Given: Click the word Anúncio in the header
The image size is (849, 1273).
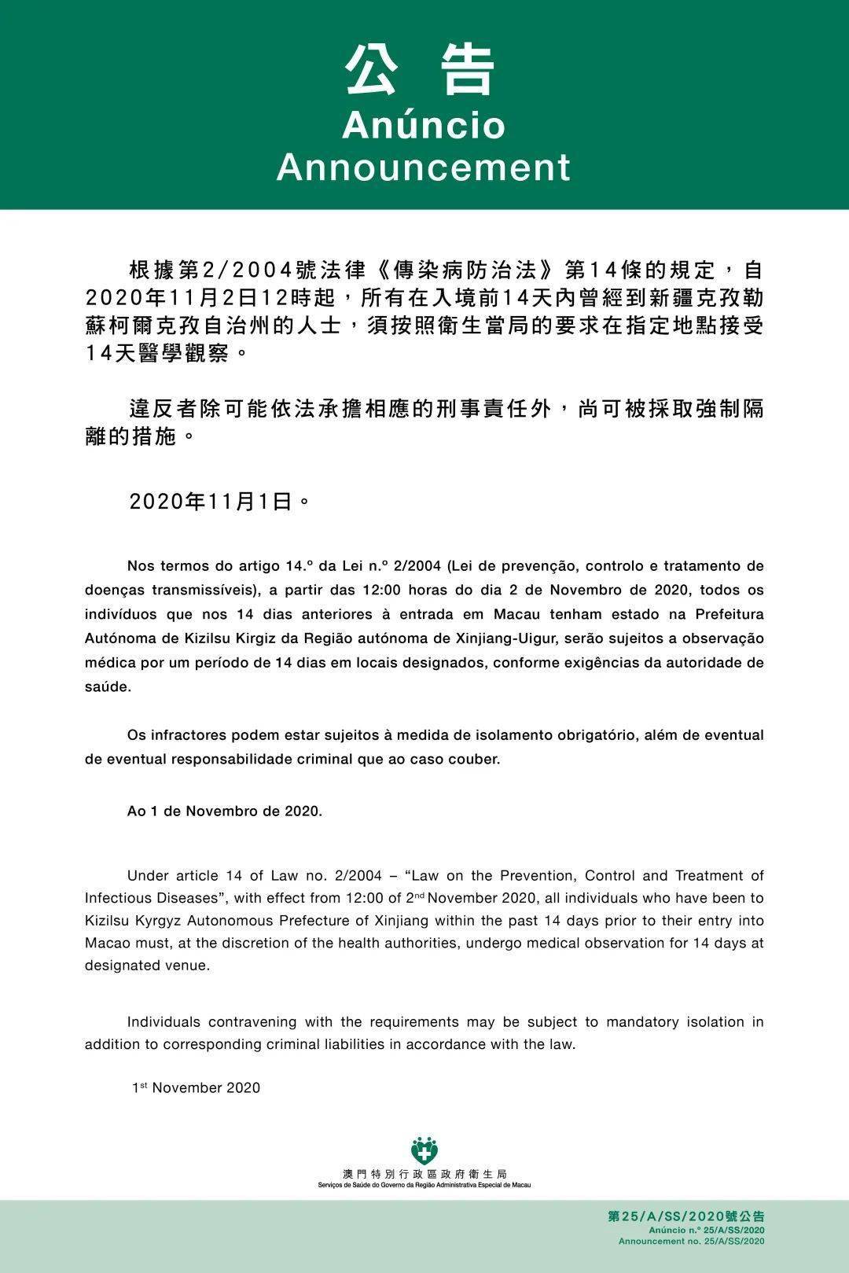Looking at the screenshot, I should pos(424,126).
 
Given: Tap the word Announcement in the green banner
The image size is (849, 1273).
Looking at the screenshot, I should pos(424,167).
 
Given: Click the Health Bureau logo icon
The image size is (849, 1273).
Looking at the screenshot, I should pos(424,1151).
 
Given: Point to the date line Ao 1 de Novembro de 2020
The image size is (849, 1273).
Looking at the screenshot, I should pos(225,811).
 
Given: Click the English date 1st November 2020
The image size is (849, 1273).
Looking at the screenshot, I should pos(196,1087).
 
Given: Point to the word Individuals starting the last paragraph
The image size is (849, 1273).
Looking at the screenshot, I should pos(163,1022).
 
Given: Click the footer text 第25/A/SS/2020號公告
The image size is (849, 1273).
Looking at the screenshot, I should pos(685,1216).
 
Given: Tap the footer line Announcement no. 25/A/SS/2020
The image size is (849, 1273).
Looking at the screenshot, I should pos(691,1241).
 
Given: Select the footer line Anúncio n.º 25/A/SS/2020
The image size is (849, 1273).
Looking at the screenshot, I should pos(706,1229).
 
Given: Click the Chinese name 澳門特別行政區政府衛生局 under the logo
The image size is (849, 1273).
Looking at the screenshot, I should pos(424,1174).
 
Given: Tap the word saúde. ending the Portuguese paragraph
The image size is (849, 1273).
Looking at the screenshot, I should pos(108,686).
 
